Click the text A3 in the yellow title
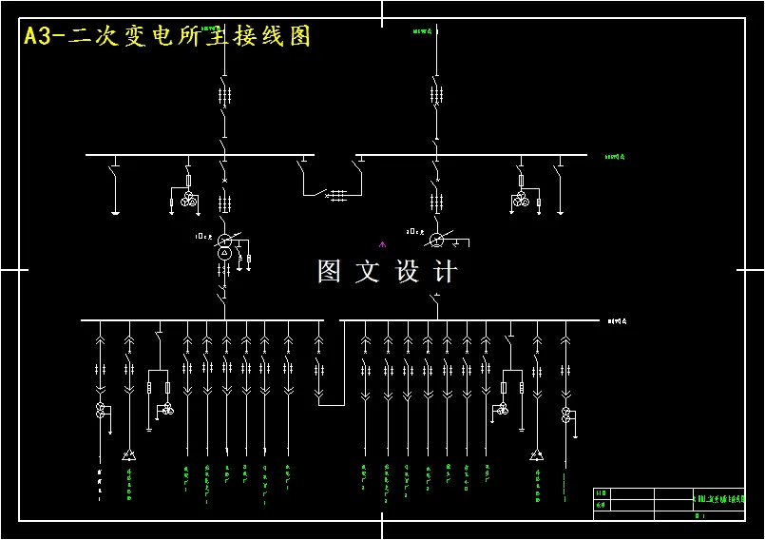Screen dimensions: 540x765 point(37,36)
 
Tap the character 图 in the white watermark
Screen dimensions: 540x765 point(329,272)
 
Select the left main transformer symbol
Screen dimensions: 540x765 point(225,245)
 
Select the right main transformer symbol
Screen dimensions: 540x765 point(436,239)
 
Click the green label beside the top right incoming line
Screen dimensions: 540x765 point(422,31)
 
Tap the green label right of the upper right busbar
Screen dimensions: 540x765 point(615,156)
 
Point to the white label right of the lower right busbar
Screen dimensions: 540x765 point(618,321)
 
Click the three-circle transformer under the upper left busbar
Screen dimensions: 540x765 point(189,199)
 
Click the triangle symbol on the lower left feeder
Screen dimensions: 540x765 point(128,455)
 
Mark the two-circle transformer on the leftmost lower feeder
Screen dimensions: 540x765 point(100,410)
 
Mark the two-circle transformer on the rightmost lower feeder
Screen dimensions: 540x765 point(566,414)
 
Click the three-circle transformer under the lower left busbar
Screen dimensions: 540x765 point(167,409)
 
